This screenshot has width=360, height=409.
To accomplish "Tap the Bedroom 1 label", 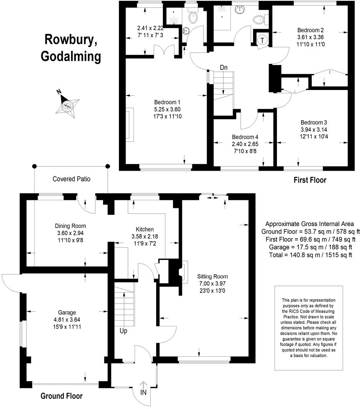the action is (x=167, y=102).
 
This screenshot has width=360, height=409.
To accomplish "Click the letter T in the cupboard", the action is (x=263, y=40).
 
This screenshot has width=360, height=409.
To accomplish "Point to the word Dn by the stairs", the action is (x=224, y=68).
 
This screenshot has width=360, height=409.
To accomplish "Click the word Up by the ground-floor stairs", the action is (x=123, y=331).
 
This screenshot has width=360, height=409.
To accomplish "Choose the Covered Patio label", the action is (x=72, y=179).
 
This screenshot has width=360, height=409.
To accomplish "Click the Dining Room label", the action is (x=70, y=226).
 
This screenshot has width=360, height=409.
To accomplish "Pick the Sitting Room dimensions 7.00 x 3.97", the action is (x=212, y=283).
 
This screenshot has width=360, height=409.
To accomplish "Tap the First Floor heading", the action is (x=310, y=180).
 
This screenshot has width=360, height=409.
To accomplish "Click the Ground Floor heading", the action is (x=62, y=396).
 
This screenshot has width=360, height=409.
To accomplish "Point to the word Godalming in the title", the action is (x=71, y=56).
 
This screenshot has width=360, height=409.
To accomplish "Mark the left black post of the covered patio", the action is (x=34, y=166).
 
